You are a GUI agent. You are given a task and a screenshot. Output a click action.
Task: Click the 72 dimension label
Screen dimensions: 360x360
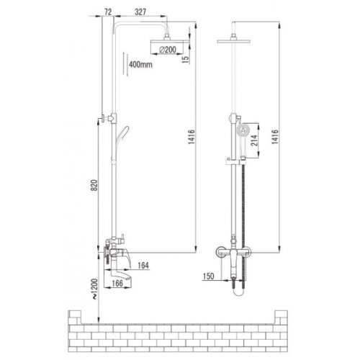point(108,12)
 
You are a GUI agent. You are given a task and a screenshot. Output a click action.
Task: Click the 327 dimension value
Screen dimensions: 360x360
point(140,12)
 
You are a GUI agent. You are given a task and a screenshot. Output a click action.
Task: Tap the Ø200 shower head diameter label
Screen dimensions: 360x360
point(168,50)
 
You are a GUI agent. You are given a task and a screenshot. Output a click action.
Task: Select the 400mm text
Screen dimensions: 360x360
point(140,64)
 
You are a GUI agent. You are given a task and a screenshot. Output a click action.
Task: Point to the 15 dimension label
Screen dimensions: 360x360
point(186,60)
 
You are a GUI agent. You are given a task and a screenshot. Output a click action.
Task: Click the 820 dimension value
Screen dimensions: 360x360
point(94,185)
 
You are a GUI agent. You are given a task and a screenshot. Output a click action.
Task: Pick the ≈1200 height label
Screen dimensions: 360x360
point(95,289)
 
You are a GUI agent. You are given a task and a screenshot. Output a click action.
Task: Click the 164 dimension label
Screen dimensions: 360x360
point(143,266)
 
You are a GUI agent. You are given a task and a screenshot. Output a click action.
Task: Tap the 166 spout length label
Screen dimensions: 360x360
point(117,283)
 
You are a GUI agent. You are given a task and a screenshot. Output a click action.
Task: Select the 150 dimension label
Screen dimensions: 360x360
point(208,276)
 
